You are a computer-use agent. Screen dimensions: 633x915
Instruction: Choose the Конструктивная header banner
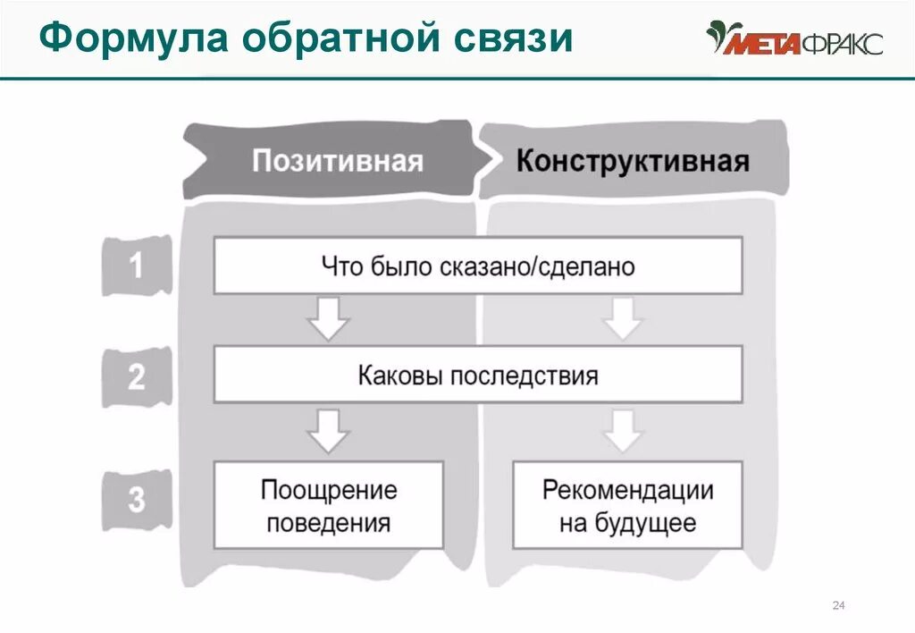633,162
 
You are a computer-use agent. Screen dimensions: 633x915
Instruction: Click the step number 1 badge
136,266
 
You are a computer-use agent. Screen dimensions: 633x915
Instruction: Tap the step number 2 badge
136,376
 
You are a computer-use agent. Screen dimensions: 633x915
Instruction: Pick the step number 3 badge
136,498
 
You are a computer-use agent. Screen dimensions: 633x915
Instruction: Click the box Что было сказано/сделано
478,266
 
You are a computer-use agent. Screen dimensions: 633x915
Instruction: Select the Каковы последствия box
478,375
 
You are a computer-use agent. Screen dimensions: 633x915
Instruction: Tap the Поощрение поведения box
329,505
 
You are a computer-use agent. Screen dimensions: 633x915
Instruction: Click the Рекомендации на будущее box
627,505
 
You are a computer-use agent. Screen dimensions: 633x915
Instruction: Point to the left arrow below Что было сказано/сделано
329,318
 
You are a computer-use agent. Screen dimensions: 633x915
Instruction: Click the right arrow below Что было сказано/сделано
623,318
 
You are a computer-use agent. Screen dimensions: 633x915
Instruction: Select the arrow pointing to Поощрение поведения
329,430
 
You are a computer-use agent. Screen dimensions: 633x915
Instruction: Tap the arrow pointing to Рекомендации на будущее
623,430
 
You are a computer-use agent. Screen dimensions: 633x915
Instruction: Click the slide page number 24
838,607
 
